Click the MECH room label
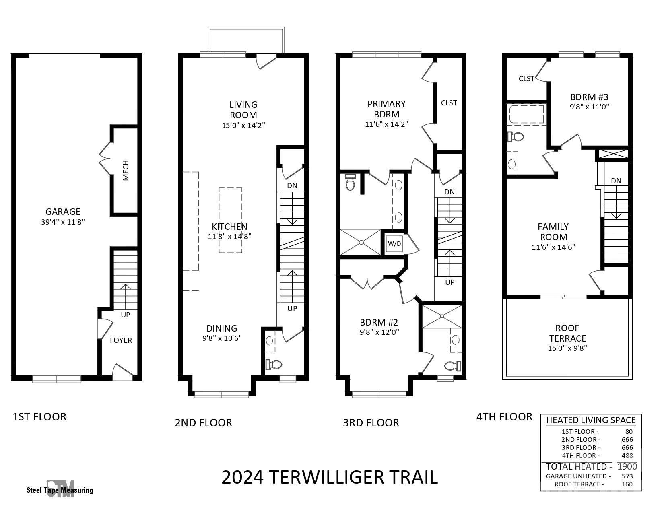click(x=126, y=170)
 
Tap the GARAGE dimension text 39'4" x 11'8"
click(x=63, y=222)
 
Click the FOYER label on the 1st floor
click(x=121, y=340)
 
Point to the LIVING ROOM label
click(x=243, y=109)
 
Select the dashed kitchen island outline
click(x=230, y=220)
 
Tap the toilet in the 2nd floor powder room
click(x=274, y=365)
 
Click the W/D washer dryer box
click(x=394, y=244)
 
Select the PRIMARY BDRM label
click(x=386, y=109)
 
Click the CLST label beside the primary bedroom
click(x=449, y=103)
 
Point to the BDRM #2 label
click(x=379, y=322)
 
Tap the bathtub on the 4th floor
click(x=526, y=114)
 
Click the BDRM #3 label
click(x=589, y=97)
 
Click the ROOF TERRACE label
click(x=567, y=333)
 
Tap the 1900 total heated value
click(x=627, y=467)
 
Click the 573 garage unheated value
click(x=627, y=476)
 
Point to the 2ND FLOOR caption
click(x=203, y=423)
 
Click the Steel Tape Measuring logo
click(x=60, y=489)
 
